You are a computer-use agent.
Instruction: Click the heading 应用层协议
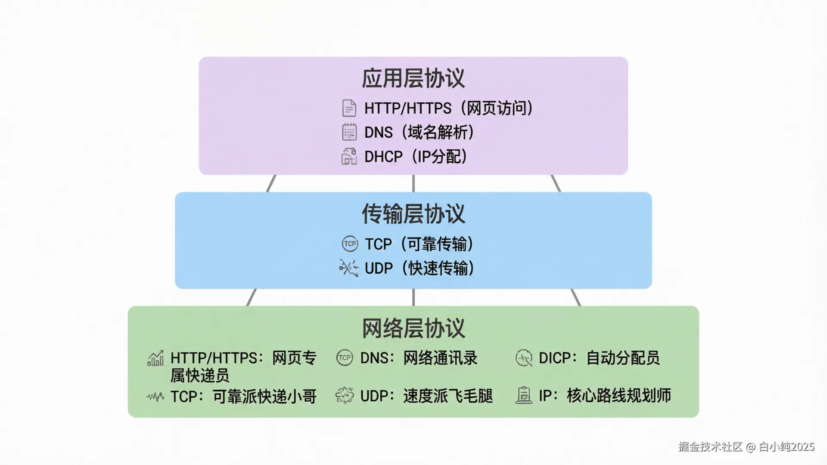coord(413,78)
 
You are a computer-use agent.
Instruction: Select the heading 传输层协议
coord(413,214)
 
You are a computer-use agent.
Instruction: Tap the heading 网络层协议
coord(413,329)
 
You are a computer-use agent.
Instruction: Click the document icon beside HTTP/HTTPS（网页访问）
coord(349,108)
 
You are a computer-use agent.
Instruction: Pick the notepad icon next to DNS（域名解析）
coord(349,132)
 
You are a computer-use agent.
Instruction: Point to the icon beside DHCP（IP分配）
coord(349,157)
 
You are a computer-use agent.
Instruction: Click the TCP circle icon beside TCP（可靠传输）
coord(350,244)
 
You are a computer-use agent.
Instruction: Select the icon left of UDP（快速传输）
coord(349,268)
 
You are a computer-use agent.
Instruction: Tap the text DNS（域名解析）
coord(419,132)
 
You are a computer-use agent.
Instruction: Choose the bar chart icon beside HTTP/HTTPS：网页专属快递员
coord(155,358)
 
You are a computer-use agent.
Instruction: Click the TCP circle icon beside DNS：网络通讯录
coord(345,358)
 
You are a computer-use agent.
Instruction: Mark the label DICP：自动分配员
coord(599,358)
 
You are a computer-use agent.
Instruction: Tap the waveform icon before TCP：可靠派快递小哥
coord(155,397)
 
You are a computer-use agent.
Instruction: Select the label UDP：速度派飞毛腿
coord(426,396)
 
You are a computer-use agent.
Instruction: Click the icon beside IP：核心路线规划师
coord(524,395)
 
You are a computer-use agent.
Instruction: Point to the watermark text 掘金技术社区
coord(710,447)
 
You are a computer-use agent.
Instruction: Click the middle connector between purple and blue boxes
coord(413,183)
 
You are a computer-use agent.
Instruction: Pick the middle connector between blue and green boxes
coord(413,297)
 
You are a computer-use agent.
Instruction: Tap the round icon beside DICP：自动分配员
coord(524,358)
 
